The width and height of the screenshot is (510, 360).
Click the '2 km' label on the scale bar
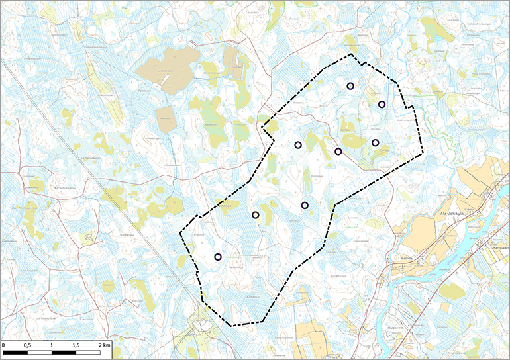coord(103,345)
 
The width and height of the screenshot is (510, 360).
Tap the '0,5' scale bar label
coord(26,345)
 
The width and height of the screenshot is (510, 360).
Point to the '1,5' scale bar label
coord(76,345)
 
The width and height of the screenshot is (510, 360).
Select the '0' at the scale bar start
coord(3,345)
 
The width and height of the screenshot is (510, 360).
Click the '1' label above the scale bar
coord(51,345)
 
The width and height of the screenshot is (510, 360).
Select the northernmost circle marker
coord(350,86)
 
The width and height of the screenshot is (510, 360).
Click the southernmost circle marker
coord(218,257)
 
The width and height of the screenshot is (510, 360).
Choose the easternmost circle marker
coord(382,104)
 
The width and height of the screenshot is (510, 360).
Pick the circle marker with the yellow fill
coord(256,214)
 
